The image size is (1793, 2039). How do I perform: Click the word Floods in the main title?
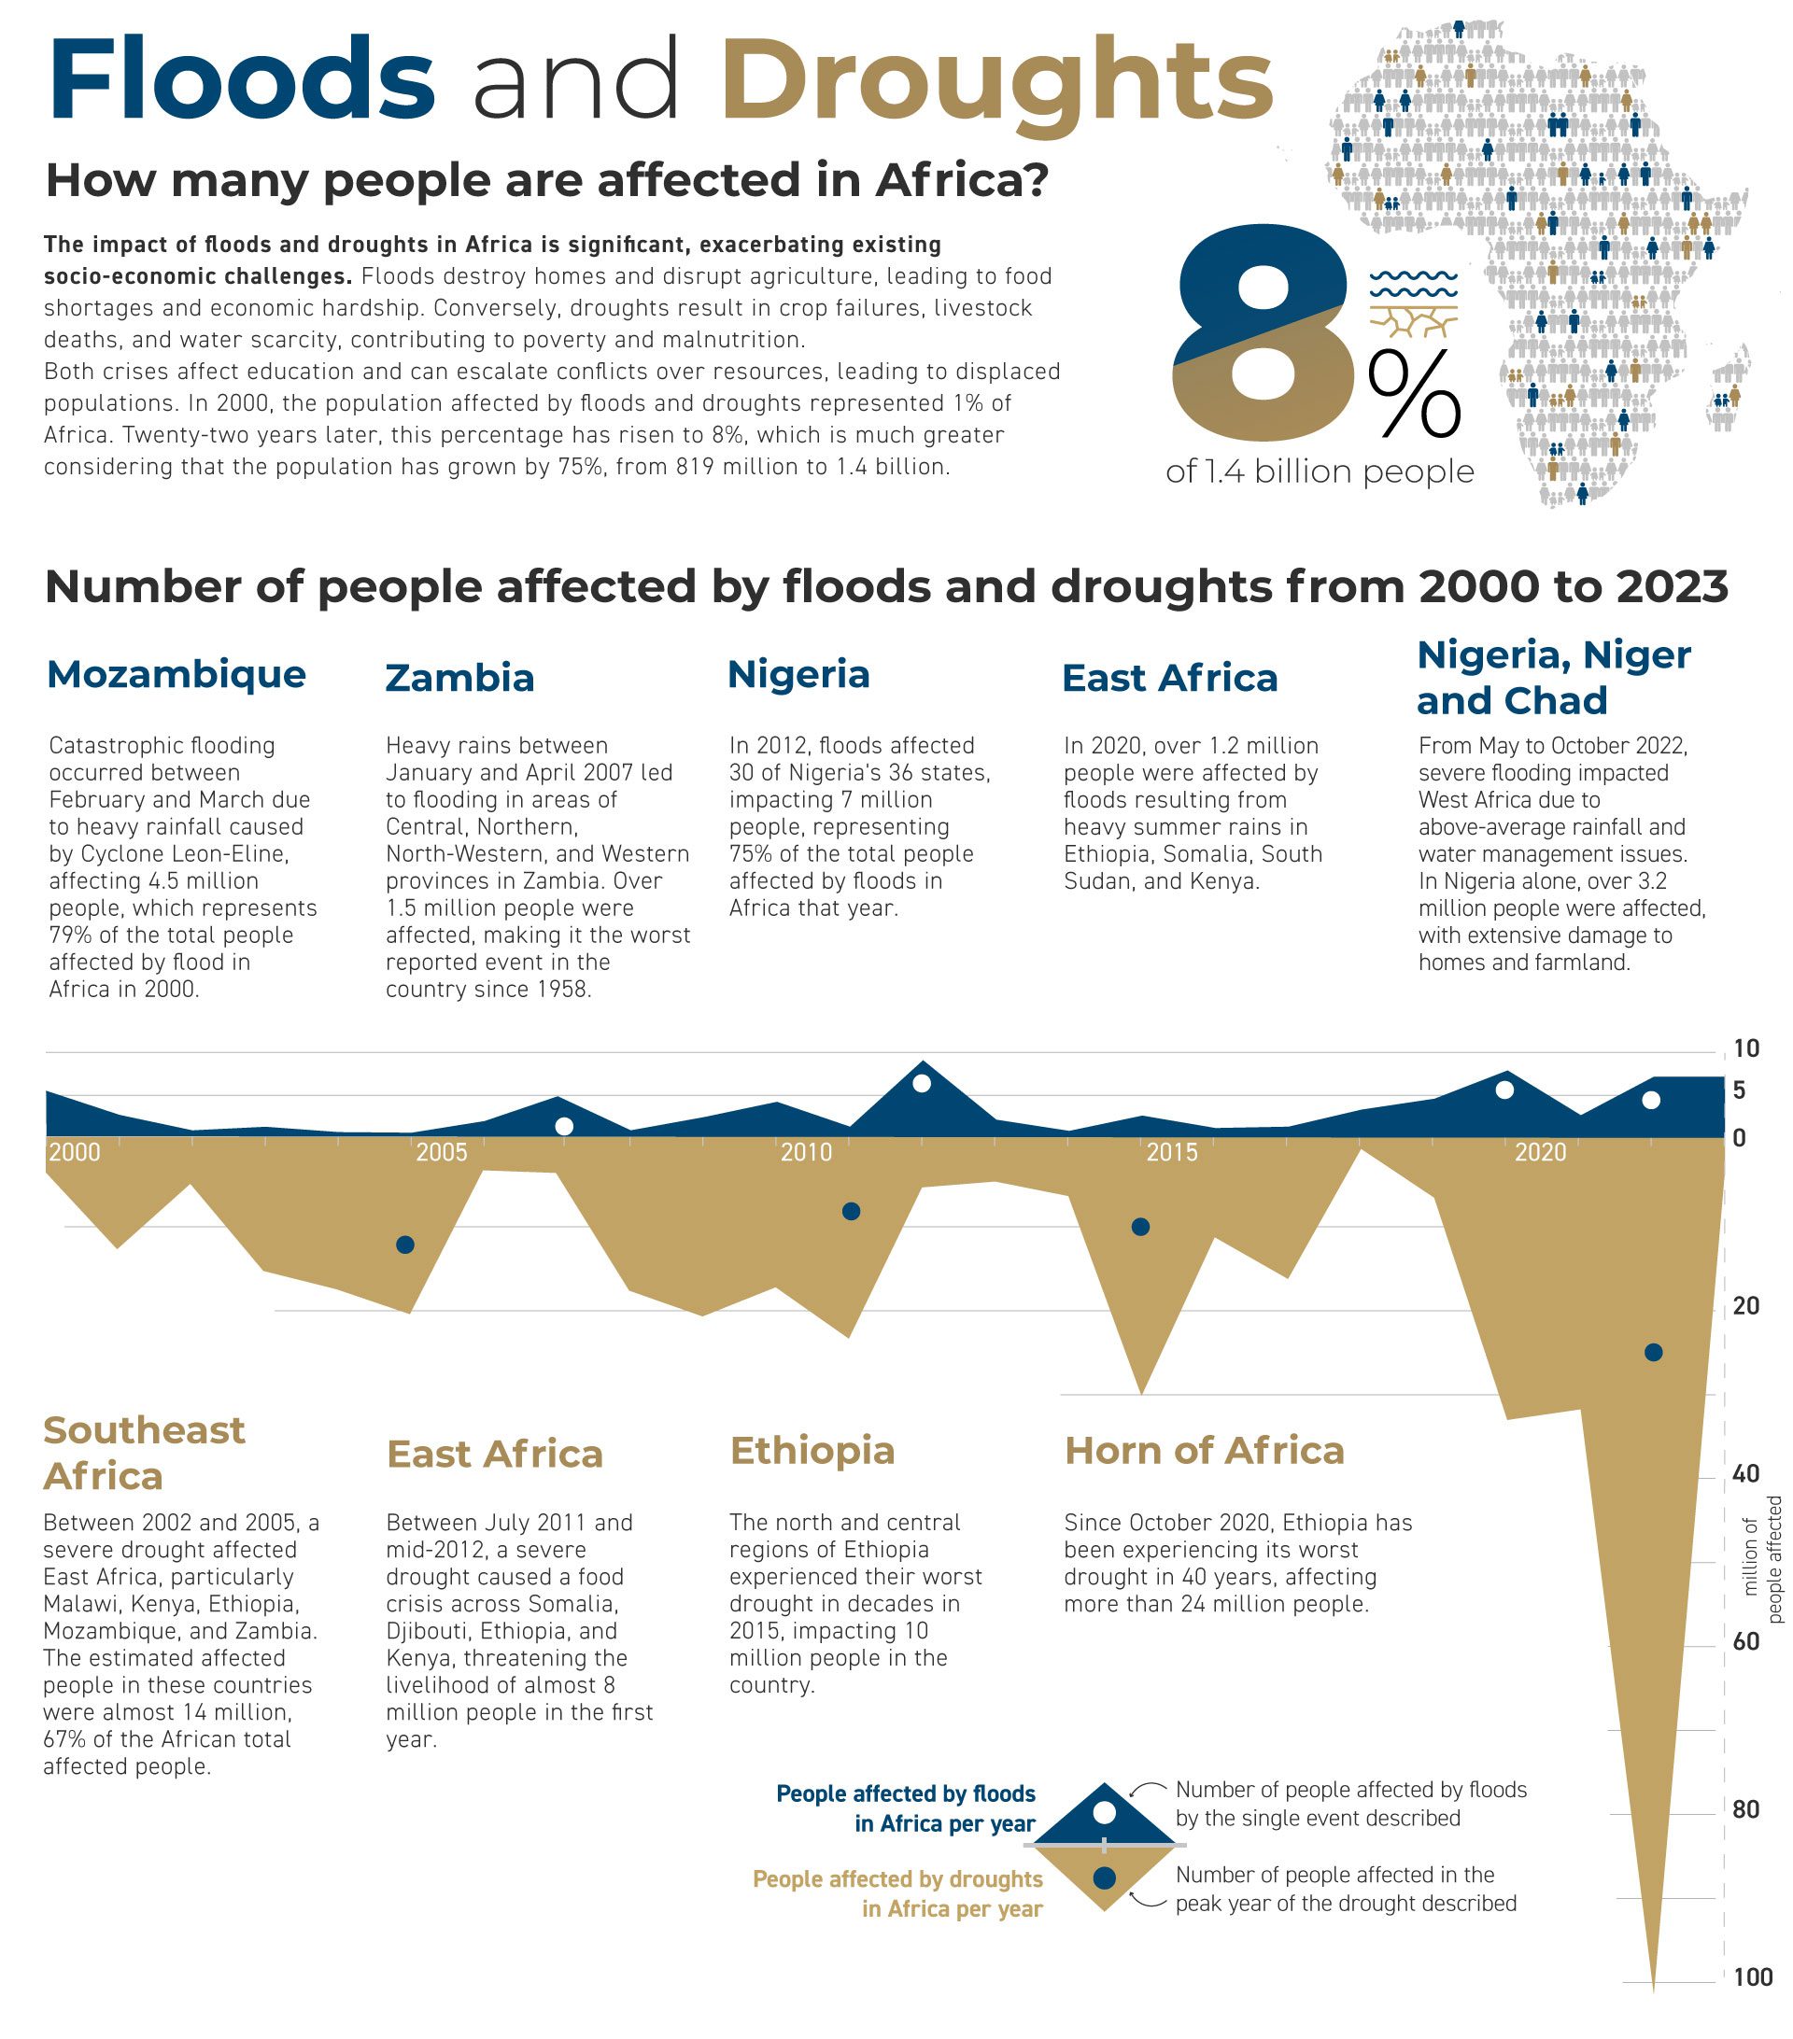(x=242, y=79)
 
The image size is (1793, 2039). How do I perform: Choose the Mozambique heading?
(x=176, y=674)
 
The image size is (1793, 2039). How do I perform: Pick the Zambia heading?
(x=460, y=679)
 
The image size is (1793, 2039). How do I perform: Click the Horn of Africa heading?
(x=1205, y=1451)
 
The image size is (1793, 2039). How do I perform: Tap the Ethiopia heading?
(x=812, y=1451)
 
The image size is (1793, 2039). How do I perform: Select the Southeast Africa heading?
(x=144, y=1453)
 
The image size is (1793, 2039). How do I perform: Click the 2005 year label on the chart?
(x=441, y=1153)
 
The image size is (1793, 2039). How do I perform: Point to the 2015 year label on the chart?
(x=1171, y=1153)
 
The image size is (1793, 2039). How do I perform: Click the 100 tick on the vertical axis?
(x=1752, y=1977)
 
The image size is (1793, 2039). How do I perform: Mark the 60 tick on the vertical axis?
(x=1746, y=1642)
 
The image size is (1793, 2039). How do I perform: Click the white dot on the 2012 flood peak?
(x=922, y=1083)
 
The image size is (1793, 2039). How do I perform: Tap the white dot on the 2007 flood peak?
(x=564, y=1126)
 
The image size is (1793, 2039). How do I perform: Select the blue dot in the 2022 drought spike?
(x=1653, y=1353)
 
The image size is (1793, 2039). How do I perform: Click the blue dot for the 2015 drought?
(x=1140, y=1227)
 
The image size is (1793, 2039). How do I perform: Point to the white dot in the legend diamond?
(x=1104, y=1811)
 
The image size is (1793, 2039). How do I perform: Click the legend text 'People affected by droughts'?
(x=897, y=1879)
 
